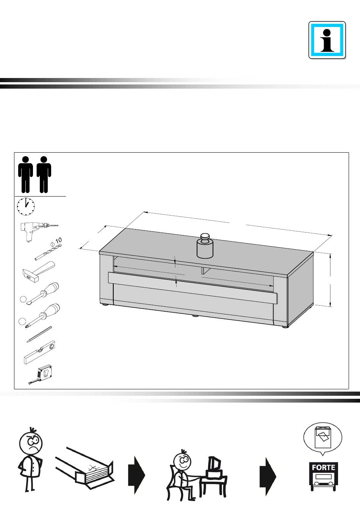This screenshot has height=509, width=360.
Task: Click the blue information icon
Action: click(327, 40)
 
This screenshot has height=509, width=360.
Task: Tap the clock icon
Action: click(26, 206)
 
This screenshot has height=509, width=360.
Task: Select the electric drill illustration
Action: click(39, 231)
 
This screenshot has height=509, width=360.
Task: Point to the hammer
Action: click(39, 272)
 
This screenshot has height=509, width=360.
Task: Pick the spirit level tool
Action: click(39, 352)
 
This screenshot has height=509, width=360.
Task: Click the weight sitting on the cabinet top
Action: click(205, 246)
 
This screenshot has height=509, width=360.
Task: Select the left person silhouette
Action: click(25, 175)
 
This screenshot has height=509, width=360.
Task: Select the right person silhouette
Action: click(44, 175)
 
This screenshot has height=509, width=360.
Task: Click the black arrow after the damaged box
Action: click(136, 475)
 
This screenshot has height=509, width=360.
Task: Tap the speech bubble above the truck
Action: click(323, 439)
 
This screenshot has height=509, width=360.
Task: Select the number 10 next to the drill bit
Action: click(58, 240)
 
